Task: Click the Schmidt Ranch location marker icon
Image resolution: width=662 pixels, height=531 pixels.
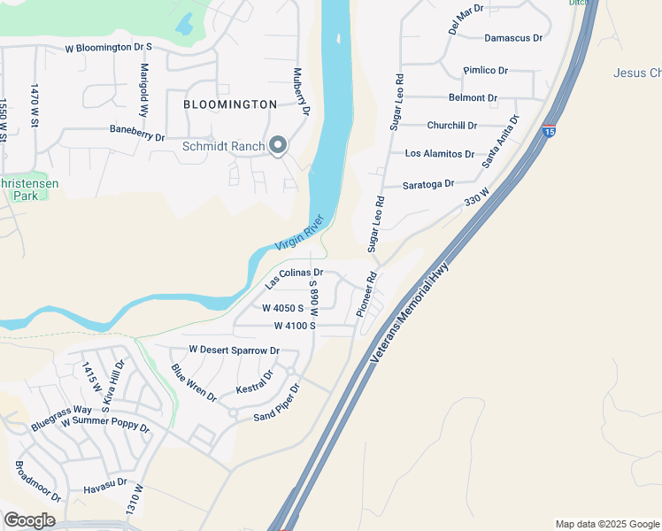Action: click(x=278, y=146)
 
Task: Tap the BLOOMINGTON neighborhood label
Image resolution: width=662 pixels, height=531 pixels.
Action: click(x=230, y=104)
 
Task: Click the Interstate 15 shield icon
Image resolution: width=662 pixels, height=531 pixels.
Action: click(x=550, y=132)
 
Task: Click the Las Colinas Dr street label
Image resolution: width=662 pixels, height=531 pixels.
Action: click(x=295, y=278)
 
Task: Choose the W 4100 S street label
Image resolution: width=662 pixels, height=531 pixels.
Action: click(x=295, y=326)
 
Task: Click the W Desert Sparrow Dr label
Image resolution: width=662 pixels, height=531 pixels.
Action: click(x=234, y=350)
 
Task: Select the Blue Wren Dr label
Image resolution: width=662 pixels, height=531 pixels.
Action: click(x=194, y=382)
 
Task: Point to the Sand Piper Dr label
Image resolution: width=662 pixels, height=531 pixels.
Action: click(x=278, y=403)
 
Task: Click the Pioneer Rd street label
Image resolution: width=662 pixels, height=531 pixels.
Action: click(x=366, y=295)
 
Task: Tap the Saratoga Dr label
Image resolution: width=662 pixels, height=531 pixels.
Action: click(x=427, y=184)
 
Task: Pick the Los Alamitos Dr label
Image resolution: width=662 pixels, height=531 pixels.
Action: click(x=439, y=153)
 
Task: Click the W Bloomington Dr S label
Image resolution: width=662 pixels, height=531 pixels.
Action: click(x=109, y=47)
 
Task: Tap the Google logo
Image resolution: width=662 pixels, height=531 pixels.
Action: click(x=29, y=520)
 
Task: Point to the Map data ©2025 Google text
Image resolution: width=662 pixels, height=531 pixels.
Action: click(x=607, y=524)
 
